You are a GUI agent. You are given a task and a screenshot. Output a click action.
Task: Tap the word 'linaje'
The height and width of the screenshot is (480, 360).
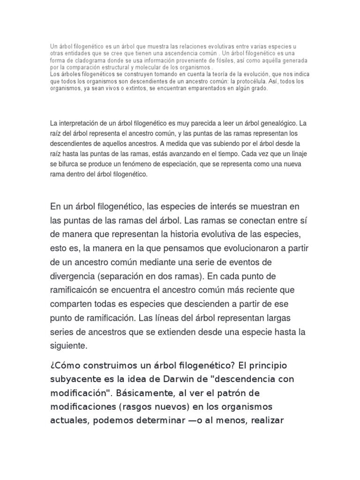tap(297, 154)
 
